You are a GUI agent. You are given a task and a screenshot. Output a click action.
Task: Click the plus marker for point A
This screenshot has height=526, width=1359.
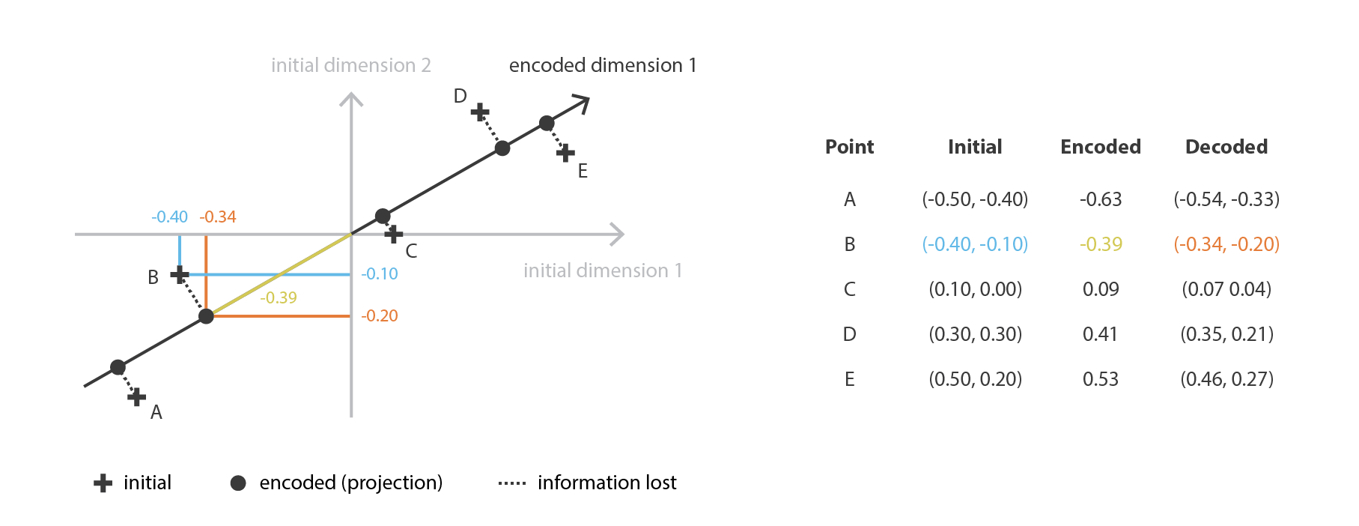click(x=136, y=397)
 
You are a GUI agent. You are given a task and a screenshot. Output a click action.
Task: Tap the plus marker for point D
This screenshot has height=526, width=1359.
click(x=480, y=113)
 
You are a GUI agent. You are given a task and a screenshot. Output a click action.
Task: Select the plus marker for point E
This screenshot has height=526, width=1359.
click(x=565, y=154)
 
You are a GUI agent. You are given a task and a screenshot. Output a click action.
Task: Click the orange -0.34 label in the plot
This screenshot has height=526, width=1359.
click(x=218, y=217)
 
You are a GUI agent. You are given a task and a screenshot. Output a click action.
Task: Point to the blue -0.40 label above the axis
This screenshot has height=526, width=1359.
click(x=169, y=217)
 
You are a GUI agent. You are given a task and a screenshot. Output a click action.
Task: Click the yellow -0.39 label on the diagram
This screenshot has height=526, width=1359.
click(x=279, y=297)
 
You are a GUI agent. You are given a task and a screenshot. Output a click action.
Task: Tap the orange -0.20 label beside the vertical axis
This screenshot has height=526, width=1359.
click(x=380, y=315)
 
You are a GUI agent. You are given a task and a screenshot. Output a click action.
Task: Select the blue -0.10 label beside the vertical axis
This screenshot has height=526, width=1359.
click(x=380, y=274)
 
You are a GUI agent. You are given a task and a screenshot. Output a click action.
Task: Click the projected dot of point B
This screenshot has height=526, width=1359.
click(x=206, y=316)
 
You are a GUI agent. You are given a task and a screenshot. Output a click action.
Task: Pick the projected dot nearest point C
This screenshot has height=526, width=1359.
click(x=383, y=216)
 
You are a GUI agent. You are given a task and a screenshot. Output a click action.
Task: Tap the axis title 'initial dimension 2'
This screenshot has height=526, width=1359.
click(x=351, y=66)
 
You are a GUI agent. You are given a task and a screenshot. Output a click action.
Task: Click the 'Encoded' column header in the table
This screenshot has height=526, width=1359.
click(x=1101, y=147)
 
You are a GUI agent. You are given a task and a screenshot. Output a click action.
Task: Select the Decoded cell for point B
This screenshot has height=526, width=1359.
click(x=1226, y=244)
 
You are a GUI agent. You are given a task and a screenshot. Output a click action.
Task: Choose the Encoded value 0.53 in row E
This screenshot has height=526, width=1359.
click(x=1101, y=379)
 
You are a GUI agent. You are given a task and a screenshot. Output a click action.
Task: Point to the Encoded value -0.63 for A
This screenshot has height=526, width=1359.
click(x=1101, y=199)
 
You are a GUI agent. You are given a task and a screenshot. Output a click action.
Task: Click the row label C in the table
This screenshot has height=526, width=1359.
click(x=850, y=289)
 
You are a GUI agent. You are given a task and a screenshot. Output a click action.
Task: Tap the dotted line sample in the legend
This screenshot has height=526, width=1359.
click(x=512, y=483)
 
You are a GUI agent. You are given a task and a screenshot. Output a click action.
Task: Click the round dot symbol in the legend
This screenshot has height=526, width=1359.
click(x=238, y=483)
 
